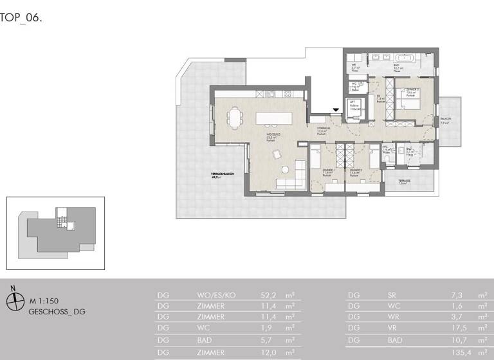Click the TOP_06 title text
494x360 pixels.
(x=22, y=18)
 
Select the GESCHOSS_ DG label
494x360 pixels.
(x=57, y=312)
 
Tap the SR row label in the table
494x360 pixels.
(x=392, y=295)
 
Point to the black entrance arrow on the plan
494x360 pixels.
(x=336, y=111)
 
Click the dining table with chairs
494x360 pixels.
(x=235, y=118)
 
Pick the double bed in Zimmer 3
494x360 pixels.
(x=410, y=102)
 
